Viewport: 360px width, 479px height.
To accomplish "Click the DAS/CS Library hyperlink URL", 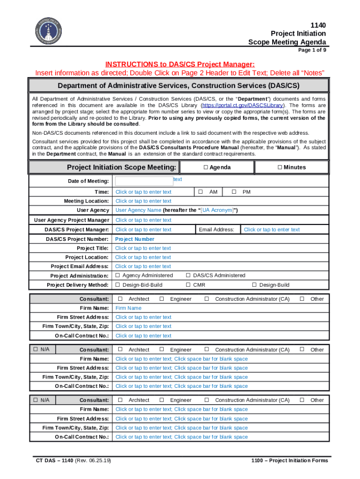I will click(x=243, y=106).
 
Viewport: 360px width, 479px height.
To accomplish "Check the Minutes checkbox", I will click(x=280, y=167).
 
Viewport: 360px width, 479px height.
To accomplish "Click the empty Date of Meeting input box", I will click(x=144, y=181).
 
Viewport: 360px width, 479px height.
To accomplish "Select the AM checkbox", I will click(x=200, y=192).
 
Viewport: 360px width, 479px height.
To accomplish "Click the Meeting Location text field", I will click(x=144, y=201).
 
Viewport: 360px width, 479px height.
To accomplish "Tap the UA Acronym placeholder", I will click(x=216, y=210).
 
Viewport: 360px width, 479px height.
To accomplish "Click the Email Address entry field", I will click(x=272, y=230).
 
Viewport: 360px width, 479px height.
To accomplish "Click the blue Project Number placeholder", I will click(x=135, y=239).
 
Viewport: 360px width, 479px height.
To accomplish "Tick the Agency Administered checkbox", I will click(x=118, y=276).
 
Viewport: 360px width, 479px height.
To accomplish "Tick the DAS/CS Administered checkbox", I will click(x=188, y=276).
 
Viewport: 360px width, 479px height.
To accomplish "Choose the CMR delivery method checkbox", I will click(x=188, y=285).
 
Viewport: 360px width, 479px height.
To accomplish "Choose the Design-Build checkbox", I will click(x=254, y=285).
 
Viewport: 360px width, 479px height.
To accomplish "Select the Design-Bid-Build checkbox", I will click(x=118, y=285).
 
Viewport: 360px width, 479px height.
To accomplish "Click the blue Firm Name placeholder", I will click(x=129, y=308).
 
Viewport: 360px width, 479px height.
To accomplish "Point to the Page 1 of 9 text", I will click(x=312, y=50).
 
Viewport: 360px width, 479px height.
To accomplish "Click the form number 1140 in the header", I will click(x=318, y=25).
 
